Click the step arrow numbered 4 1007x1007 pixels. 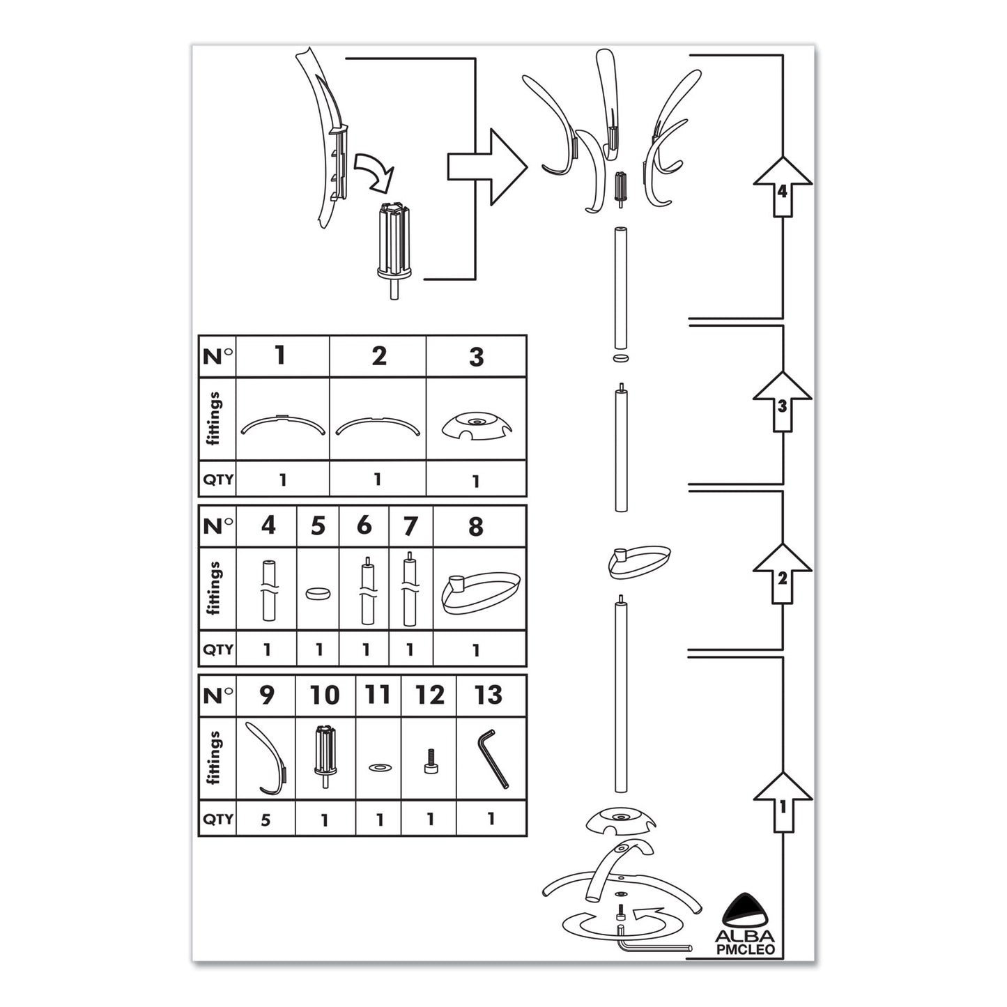pyautogui.click(x=783, y=187)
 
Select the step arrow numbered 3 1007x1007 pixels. pyautogui.click(x=783, y=402)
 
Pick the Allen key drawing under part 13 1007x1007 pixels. pyautogui.click(x=492, y=758)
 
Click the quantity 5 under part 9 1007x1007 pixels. pyautogui.click(x=266, y=820)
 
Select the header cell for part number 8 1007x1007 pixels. pyautogui.click(x=476, y=527)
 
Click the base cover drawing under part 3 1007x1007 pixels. pyautogui.click(x=476, y=424)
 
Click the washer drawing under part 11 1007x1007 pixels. pyautogui.click(x=378, y=767)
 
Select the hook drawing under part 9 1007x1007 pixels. pyautogui.click(x=268, y=758)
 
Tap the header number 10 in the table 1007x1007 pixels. pyautogui.click(x=325, y=695)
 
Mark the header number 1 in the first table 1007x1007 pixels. pyautogui.click(x=280, y=356)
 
